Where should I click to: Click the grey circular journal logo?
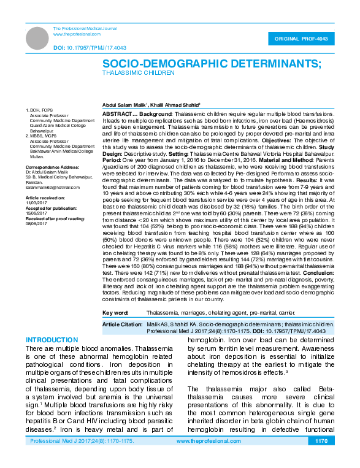click(x=37, y=37)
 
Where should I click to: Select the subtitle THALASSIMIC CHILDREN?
click(x=138, y=72)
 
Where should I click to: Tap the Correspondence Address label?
click(x=51, y=167)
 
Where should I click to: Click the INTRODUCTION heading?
click(x=52, y=340)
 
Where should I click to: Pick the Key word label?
click(x=115, y=312)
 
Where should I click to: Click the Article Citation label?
click(x=122, y=323)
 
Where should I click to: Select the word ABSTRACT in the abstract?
click(x=115, y=114)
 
